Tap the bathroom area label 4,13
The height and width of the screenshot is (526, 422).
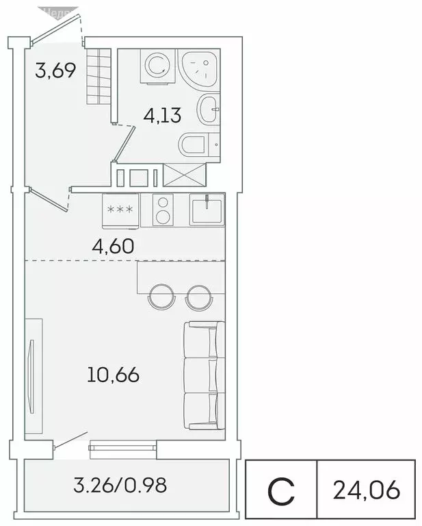tap(162, 114)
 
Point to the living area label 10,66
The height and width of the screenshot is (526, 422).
tap(114, 375)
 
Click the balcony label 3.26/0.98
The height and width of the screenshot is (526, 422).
tap(120, 486)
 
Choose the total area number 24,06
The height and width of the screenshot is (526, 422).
tap(366, 490)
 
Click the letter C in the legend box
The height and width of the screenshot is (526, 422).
tap(281, 490)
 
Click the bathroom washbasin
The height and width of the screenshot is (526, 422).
tap(208, 108)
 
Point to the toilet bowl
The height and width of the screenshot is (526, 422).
tap(194, 145)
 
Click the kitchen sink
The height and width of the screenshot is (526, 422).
tap(207, 208)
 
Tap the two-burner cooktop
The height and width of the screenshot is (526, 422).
tap(163, 209)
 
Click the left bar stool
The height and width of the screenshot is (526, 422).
tap(161, 296)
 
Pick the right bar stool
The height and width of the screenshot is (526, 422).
tap(198, 296)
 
